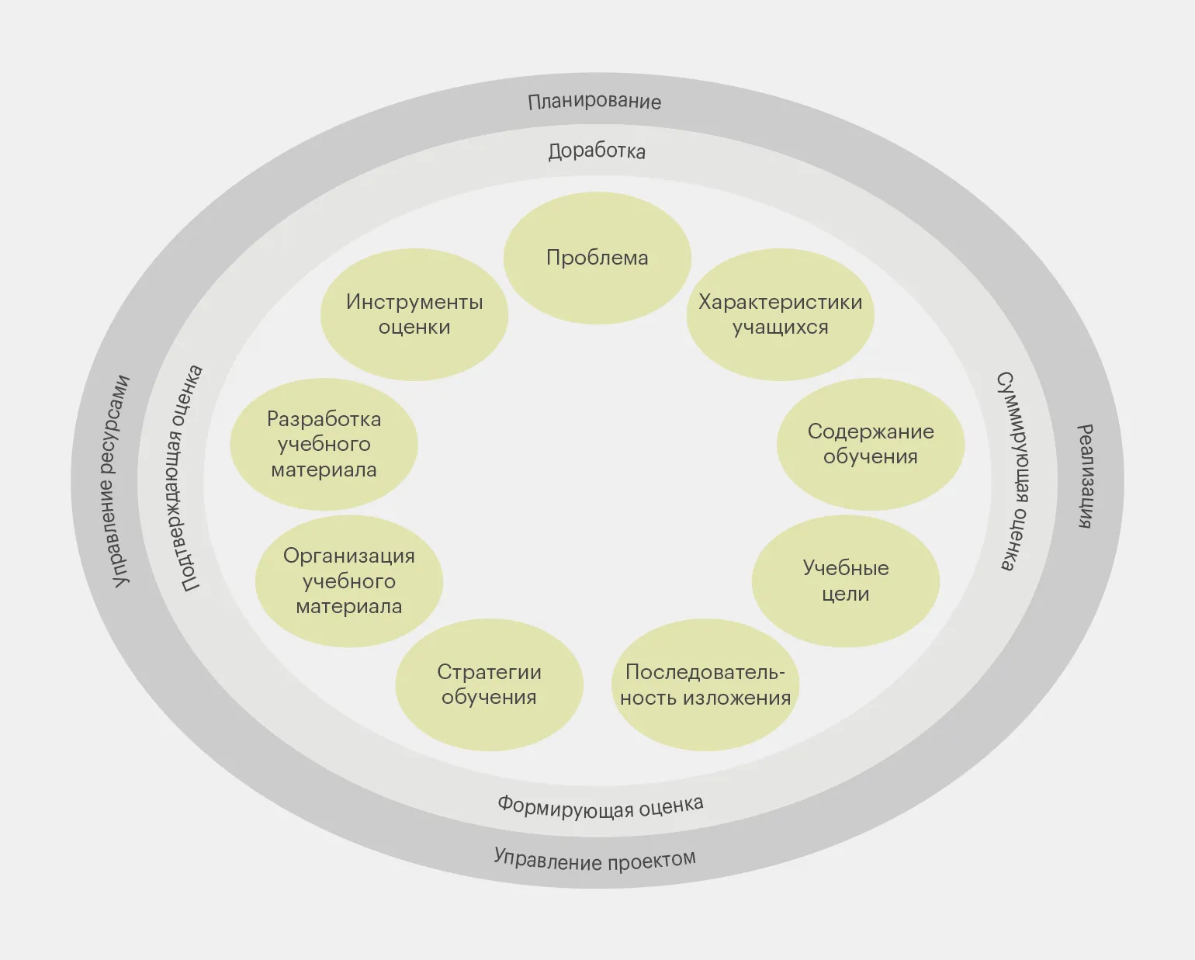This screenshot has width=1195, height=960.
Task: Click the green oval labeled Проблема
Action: pos(597,258)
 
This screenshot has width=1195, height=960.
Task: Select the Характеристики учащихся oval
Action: pos(780,314)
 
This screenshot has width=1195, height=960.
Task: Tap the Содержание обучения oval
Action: pos(870,444)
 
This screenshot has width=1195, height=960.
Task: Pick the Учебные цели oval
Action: pos(845,581)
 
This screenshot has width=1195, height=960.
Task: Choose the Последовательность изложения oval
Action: pos(705,684)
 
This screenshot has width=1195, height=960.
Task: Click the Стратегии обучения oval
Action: pos(489,684)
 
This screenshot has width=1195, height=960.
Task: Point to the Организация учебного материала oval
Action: pos(349,581)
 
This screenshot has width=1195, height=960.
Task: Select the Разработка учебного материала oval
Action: pos(324,444)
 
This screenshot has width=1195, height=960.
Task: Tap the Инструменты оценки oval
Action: pos(414,314)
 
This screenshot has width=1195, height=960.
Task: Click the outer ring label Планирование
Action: pos(594,102)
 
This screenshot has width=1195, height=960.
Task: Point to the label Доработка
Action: pos(597,151)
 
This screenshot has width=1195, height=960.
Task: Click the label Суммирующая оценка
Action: pos(1016,471)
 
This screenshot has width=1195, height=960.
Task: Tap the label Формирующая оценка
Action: pos(601,807)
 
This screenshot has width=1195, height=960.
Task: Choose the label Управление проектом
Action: pos(595,860)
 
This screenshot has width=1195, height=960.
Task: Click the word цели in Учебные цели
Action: pos(845,594)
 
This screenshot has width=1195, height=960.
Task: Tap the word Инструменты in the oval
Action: pos(414,302)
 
